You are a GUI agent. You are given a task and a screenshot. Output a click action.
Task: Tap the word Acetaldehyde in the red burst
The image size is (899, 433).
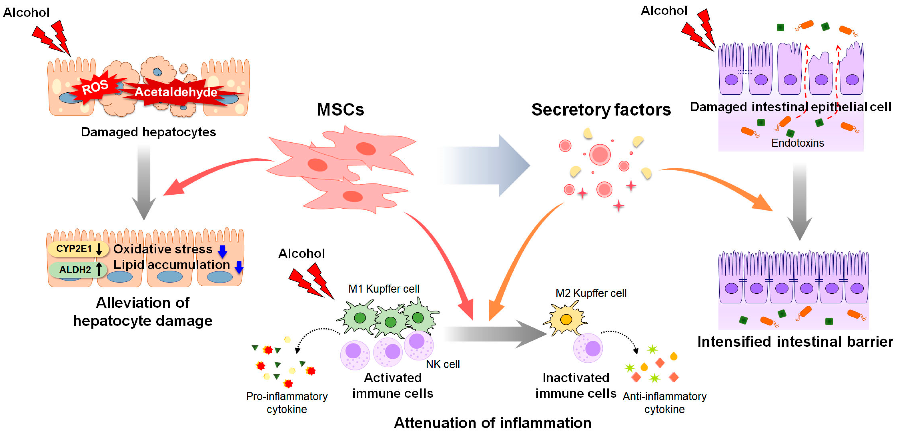coord(176,92)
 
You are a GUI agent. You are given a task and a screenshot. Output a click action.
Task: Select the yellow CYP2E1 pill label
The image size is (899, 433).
coord(74,249)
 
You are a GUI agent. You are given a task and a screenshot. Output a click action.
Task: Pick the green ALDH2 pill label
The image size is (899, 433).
coord(75,270)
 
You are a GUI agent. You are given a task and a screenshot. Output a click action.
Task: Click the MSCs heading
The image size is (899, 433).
coord(340,110)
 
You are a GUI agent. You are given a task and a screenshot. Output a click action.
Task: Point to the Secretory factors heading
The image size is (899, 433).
coord(601,110)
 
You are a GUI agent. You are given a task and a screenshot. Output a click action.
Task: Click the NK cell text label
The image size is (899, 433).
coord(442,364)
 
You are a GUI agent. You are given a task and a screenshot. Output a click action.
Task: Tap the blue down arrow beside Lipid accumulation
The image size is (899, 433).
coord(239,267)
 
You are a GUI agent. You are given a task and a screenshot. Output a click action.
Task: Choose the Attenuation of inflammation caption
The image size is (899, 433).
coord(492,423)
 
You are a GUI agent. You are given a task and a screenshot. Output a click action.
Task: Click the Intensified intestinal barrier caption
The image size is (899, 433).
coord(795,342)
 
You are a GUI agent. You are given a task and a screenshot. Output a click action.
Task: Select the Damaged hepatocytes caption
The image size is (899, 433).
coord(148,132)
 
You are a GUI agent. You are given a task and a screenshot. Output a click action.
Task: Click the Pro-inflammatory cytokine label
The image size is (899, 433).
coord(287,403)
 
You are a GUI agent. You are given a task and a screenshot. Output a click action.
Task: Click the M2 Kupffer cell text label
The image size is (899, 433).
coord(591,293)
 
